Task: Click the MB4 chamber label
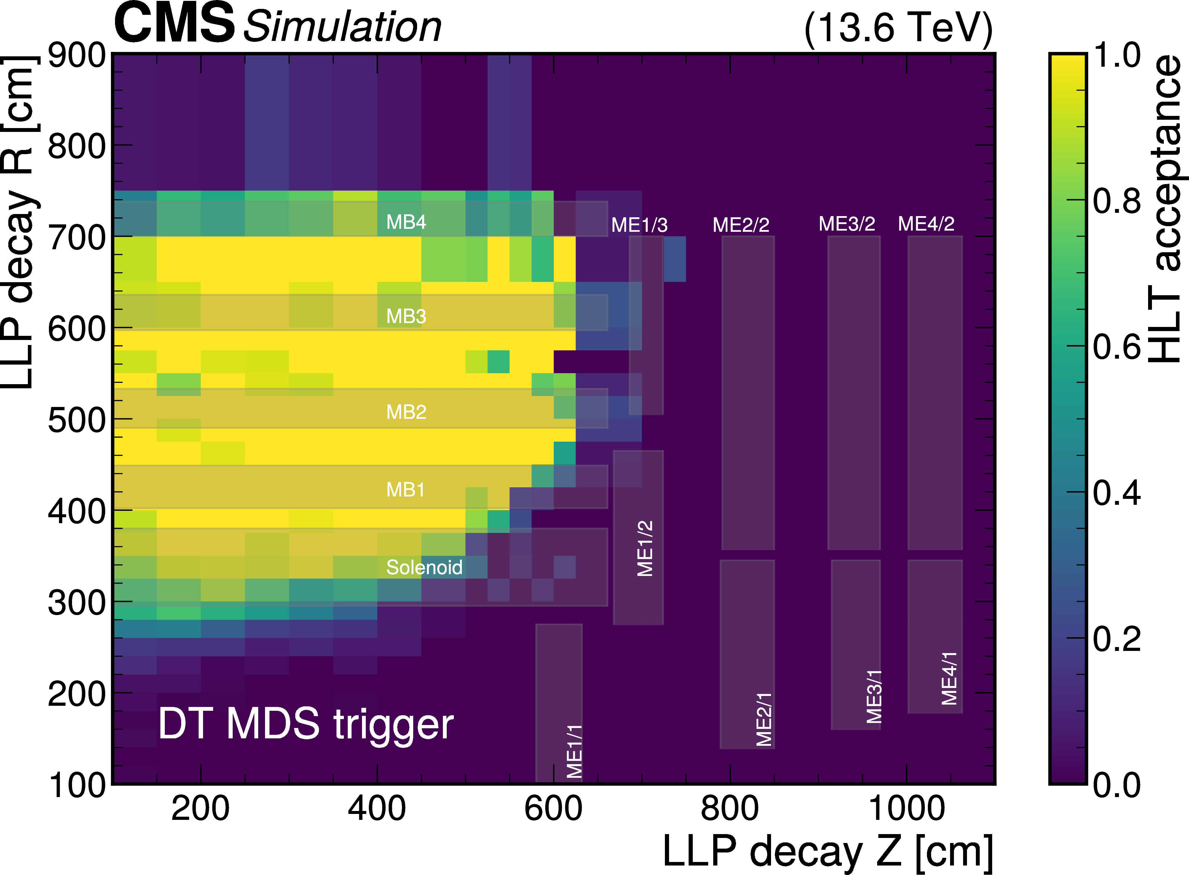(x=406, y=222)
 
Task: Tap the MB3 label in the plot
(x=406, y=316)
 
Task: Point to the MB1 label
(x=405, y=489)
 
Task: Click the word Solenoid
(x=424, y=567)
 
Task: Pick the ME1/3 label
(x=639, y=225)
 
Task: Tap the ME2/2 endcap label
(x=740, y=225)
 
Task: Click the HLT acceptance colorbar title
(x=1165, y=209)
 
